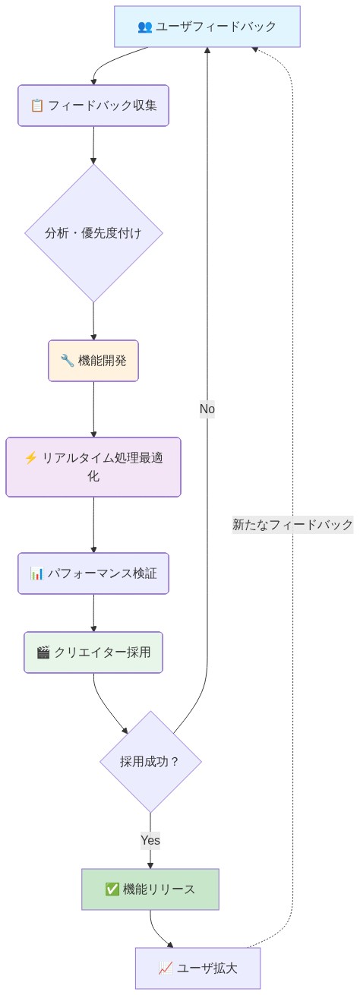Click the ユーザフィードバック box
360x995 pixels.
pyautogui.click(x=207, y=27)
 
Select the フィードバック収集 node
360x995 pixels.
pyautogui.click(x=93, y=106)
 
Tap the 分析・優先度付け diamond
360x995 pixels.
pyautogui.click(x=93, y=233)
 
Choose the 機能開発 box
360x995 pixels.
pyautogui.click(x=93, y=360)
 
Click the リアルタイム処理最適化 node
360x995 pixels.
pyautogui.click(x=93, y=467)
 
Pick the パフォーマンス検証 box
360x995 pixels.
pyautogui.click(x=93, y=573)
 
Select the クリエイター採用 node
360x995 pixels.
pyautogui.click(x=93, y=652)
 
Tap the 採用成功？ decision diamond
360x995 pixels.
pyautogui.click(x=150, y=761)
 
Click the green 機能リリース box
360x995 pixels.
pyautogui.click(x=150, y=889)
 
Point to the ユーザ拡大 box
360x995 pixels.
pyautogui.click(x=197, y=968)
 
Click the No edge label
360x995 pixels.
pyautogui.click(x=207, y=409)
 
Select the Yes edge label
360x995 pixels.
pyautogui.click(x=150, y=840)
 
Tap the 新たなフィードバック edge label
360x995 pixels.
pyautogui.click(x=292, y=524)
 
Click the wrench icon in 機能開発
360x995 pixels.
pyautogui.click(x=68, y=360)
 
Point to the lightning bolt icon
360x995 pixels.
pyautogui.click(x=31, y=458)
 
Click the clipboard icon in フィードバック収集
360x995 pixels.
pyautogui.click(x=36, y=106)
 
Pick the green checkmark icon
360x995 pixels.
pyautogui.click(x=111, y=889)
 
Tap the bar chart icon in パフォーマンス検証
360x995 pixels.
pyautogui.click(x=36, y=573)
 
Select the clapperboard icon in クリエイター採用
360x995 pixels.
pyautogui.click(x=43, y=652)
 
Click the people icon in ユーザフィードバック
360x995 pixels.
pyautogui.click(x=145, y=27)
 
